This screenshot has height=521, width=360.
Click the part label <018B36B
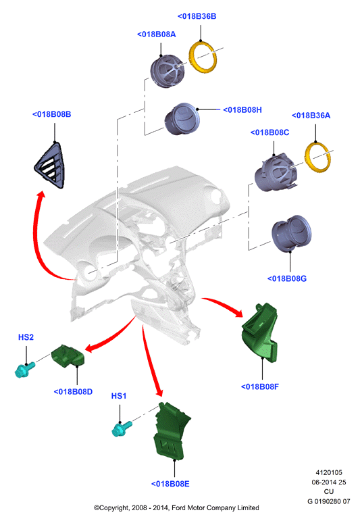pos(197,16)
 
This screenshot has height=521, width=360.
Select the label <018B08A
pos(157,34)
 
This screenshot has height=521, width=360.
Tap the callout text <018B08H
pos(242,109)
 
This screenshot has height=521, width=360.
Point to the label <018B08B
pos(51,114)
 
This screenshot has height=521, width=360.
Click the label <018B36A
pos(311,116)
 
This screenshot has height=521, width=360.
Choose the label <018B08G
pos(287,278)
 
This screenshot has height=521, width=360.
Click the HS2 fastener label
pos(26,337)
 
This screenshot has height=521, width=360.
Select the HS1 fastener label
pos(119,396)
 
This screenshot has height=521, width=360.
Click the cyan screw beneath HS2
pos(25,370)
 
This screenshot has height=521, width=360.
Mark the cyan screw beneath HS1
pos(122,428)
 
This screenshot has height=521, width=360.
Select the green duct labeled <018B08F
pos(260,333)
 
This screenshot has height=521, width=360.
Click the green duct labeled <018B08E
pos(170,432)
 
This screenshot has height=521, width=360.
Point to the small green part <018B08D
pos(68,357)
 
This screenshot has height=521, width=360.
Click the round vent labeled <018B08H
pos(182,120)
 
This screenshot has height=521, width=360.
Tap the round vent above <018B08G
pos(291,234)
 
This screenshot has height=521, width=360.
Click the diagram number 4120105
pos(329,472)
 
